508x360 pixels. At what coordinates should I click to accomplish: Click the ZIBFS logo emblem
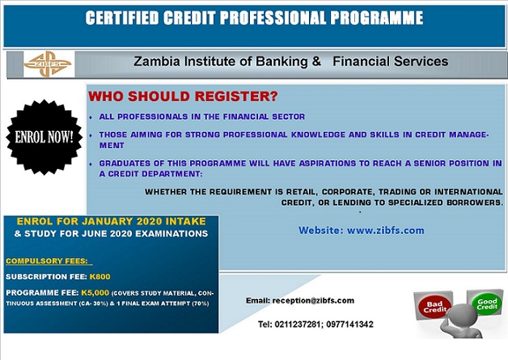pos(47,64)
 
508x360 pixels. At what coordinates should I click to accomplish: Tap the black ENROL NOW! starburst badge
pos(44,137)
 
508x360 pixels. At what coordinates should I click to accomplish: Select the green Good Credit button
pos(487,303)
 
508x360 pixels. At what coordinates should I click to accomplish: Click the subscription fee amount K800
pos(99,277)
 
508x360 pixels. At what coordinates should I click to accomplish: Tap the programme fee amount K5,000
pos(95,293)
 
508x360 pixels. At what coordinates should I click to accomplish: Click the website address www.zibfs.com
pos(386,231)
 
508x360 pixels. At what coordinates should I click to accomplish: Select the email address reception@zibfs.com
pos(313,301)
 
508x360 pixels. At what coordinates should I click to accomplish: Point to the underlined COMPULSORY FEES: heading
pos(49,261)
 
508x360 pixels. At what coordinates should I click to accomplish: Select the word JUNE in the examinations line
pos(96,234)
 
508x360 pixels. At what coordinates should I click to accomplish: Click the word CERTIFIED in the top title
pos(122,18)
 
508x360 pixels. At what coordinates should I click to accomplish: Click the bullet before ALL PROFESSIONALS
pos(91,117)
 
